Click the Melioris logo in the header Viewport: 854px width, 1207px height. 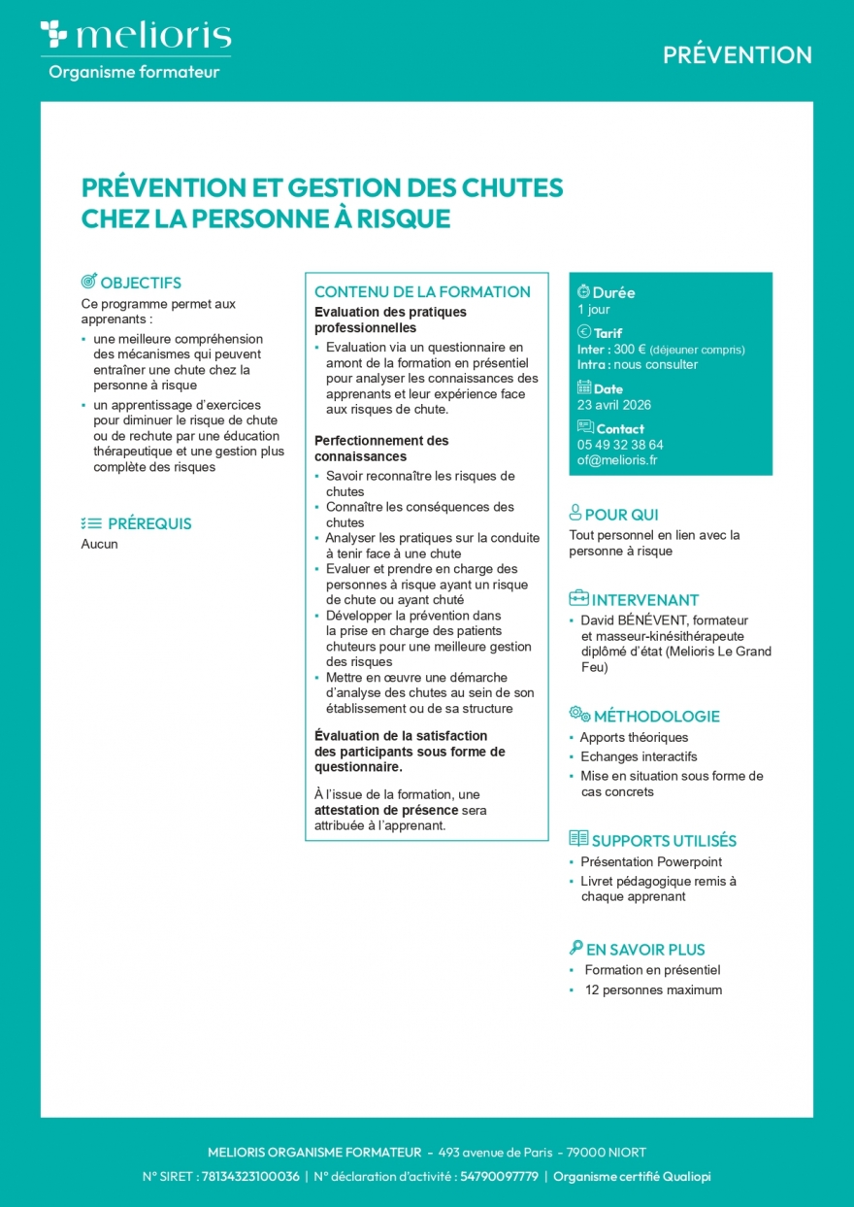pos(135,37)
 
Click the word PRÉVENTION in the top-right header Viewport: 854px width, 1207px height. pos(738,55)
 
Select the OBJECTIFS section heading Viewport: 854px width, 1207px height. pos(141,284)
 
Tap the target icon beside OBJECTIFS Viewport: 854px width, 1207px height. pos(88,283)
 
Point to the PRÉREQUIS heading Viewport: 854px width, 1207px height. pos(149,523)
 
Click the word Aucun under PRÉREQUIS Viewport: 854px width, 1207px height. pos(99,544)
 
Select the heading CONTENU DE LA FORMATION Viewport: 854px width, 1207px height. pos(422,291)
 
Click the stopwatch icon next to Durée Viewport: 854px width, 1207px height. pos(583,291)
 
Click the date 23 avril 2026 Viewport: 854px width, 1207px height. pos(614,405)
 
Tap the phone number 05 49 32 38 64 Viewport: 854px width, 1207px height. pos(620,445)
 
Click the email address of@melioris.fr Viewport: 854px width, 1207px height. pos(617,460)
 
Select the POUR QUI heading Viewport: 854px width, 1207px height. pos(621,515)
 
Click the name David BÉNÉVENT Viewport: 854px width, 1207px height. pos(634,620)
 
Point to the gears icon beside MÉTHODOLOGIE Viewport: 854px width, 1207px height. pos(579,715)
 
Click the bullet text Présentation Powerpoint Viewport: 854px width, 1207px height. pos(651,861)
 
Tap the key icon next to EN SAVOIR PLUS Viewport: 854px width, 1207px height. pos(576,948)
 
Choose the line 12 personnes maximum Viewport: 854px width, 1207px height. pos(653,990)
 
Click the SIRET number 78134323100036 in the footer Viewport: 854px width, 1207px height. pos(250,1176)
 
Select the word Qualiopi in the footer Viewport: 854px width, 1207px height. pos(686,1176)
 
